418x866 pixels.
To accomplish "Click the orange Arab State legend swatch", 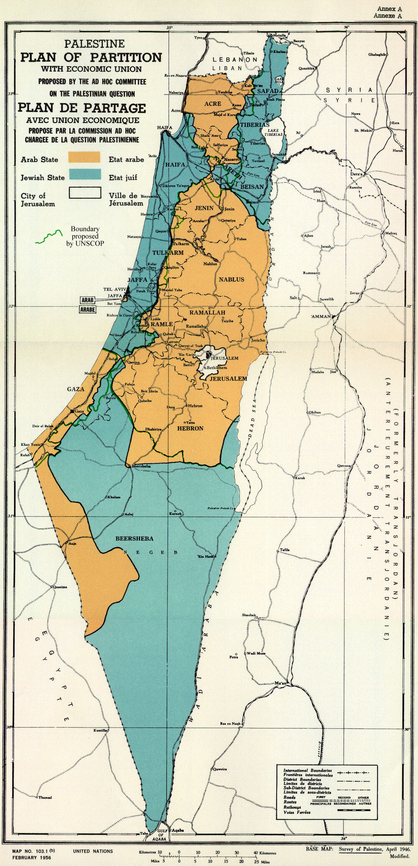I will (x=84, y=157).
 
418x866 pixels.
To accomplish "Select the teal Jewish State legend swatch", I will (x=85, y=174).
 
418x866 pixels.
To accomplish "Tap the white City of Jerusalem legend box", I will (x=85, y=192).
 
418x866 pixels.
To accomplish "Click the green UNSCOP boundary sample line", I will (x=48, y=236).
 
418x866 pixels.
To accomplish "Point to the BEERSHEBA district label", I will (x=134, y=538).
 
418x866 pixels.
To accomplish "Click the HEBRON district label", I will (x=190, y=428).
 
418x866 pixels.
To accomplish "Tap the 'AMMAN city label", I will (x=321, y=316).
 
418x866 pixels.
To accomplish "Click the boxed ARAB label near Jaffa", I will (x=87, y=300).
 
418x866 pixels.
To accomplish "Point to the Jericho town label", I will (x=258, y=340).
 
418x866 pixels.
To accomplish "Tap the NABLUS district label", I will (x=231, y=279).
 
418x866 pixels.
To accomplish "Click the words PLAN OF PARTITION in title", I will (x=91, y=57).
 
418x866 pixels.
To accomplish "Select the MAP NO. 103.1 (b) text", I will (x=33, y=851).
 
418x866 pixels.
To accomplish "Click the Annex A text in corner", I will (x=390, y=9).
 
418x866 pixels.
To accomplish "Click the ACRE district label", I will (x=212, y=104).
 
